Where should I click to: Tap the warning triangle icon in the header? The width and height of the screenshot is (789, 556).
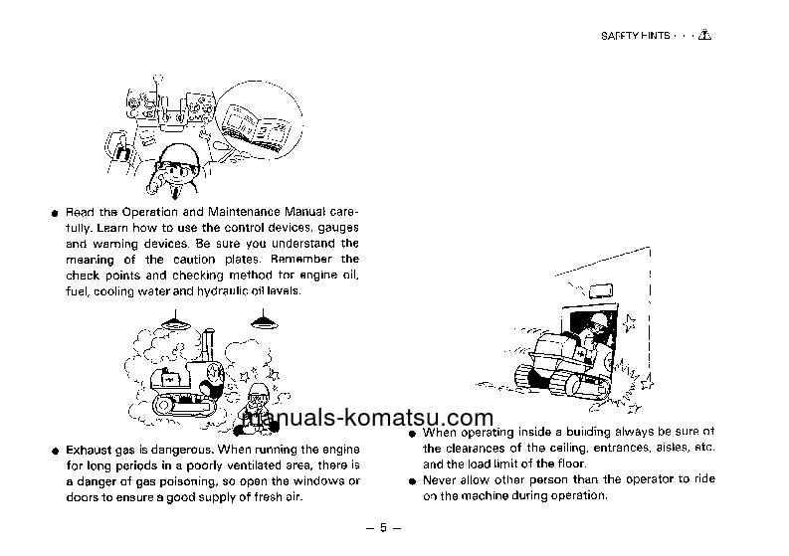coord(705,36)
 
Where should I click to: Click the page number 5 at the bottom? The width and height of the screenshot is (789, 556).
coord(382,527)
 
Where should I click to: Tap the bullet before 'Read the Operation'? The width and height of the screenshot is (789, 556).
coord(53,213)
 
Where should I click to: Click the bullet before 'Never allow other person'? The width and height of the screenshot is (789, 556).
coord(412,480)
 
